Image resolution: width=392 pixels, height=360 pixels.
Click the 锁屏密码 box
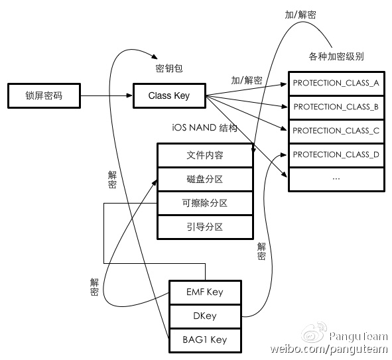click(44, 95)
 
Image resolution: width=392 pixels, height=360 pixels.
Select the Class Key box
click(169, 95)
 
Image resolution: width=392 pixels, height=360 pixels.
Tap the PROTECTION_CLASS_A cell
click(336, 84)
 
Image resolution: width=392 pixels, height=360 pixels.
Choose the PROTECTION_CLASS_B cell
click(336, 107)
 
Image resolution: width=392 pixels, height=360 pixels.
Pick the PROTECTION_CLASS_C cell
click(336, 131)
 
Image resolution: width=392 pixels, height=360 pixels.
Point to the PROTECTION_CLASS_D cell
click(336, 155)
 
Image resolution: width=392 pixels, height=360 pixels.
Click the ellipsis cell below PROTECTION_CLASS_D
click(336, 180)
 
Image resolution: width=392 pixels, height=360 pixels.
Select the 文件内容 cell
click(205, 155)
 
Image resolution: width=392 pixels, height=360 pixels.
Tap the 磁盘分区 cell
click(205, 180)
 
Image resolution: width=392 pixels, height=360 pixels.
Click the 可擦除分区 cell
click(205, 203)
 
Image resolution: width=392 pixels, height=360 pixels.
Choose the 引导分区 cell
click(205, 227)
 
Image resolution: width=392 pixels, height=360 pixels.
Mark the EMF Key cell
click(205, 292)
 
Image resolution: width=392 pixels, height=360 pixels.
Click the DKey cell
click(205, 316)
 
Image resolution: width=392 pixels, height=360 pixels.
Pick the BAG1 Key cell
click(205, 340)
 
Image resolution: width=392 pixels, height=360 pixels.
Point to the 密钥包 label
click(169, 68)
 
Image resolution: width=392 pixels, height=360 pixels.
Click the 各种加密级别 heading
click(336, 56)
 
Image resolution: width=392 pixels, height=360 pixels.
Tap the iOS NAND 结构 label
click(205, 128)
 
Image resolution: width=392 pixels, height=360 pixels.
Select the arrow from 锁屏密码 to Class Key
click(107, 95)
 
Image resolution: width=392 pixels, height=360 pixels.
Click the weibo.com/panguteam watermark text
click(329, 349)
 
